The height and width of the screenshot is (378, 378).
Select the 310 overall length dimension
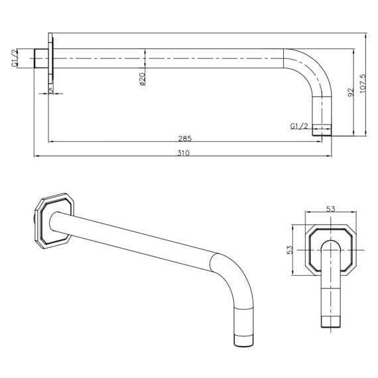184,153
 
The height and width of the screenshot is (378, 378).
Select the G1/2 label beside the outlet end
299,126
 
